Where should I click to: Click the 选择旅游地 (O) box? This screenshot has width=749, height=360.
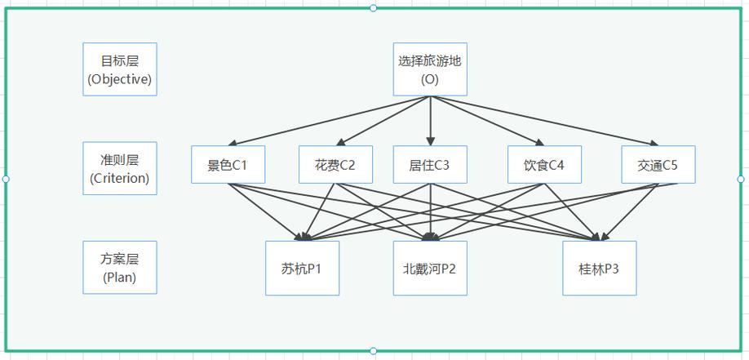[430, 69]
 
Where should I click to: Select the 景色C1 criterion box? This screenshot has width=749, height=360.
[228, 164]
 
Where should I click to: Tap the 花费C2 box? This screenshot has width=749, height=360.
[335, 164]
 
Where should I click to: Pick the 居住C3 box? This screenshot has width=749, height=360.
[430, 164]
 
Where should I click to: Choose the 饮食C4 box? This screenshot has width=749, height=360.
[544, 164]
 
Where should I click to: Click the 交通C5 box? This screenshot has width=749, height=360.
[658, 164]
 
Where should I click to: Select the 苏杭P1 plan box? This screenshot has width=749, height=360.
[302, 269]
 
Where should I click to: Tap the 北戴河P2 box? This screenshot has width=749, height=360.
[430, 269]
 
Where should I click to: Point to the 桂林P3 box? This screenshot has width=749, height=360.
[599, 269]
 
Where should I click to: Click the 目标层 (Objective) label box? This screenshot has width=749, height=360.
[119, 69]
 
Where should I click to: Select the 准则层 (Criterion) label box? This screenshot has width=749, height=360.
[119, 168]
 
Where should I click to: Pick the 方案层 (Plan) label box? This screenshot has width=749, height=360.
[119, 267]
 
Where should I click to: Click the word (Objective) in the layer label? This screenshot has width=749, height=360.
[119, 79]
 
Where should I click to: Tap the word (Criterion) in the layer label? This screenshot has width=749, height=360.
[119, 178]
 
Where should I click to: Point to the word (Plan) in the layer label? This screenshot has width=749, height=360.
[119, 278]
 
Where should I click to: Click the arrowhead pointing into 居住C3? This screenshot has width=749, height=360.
[430, 141]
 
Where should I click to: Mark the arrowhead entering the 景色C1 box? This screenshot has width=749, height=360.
[233, 143]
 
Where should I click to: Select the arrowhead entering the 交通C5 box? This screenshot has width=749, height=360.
[654, 142]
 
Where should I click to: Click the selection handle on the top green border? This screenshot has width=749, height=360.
[373, 8]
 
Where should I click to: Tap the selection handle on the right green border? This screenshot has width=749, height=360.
[741, 179]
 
